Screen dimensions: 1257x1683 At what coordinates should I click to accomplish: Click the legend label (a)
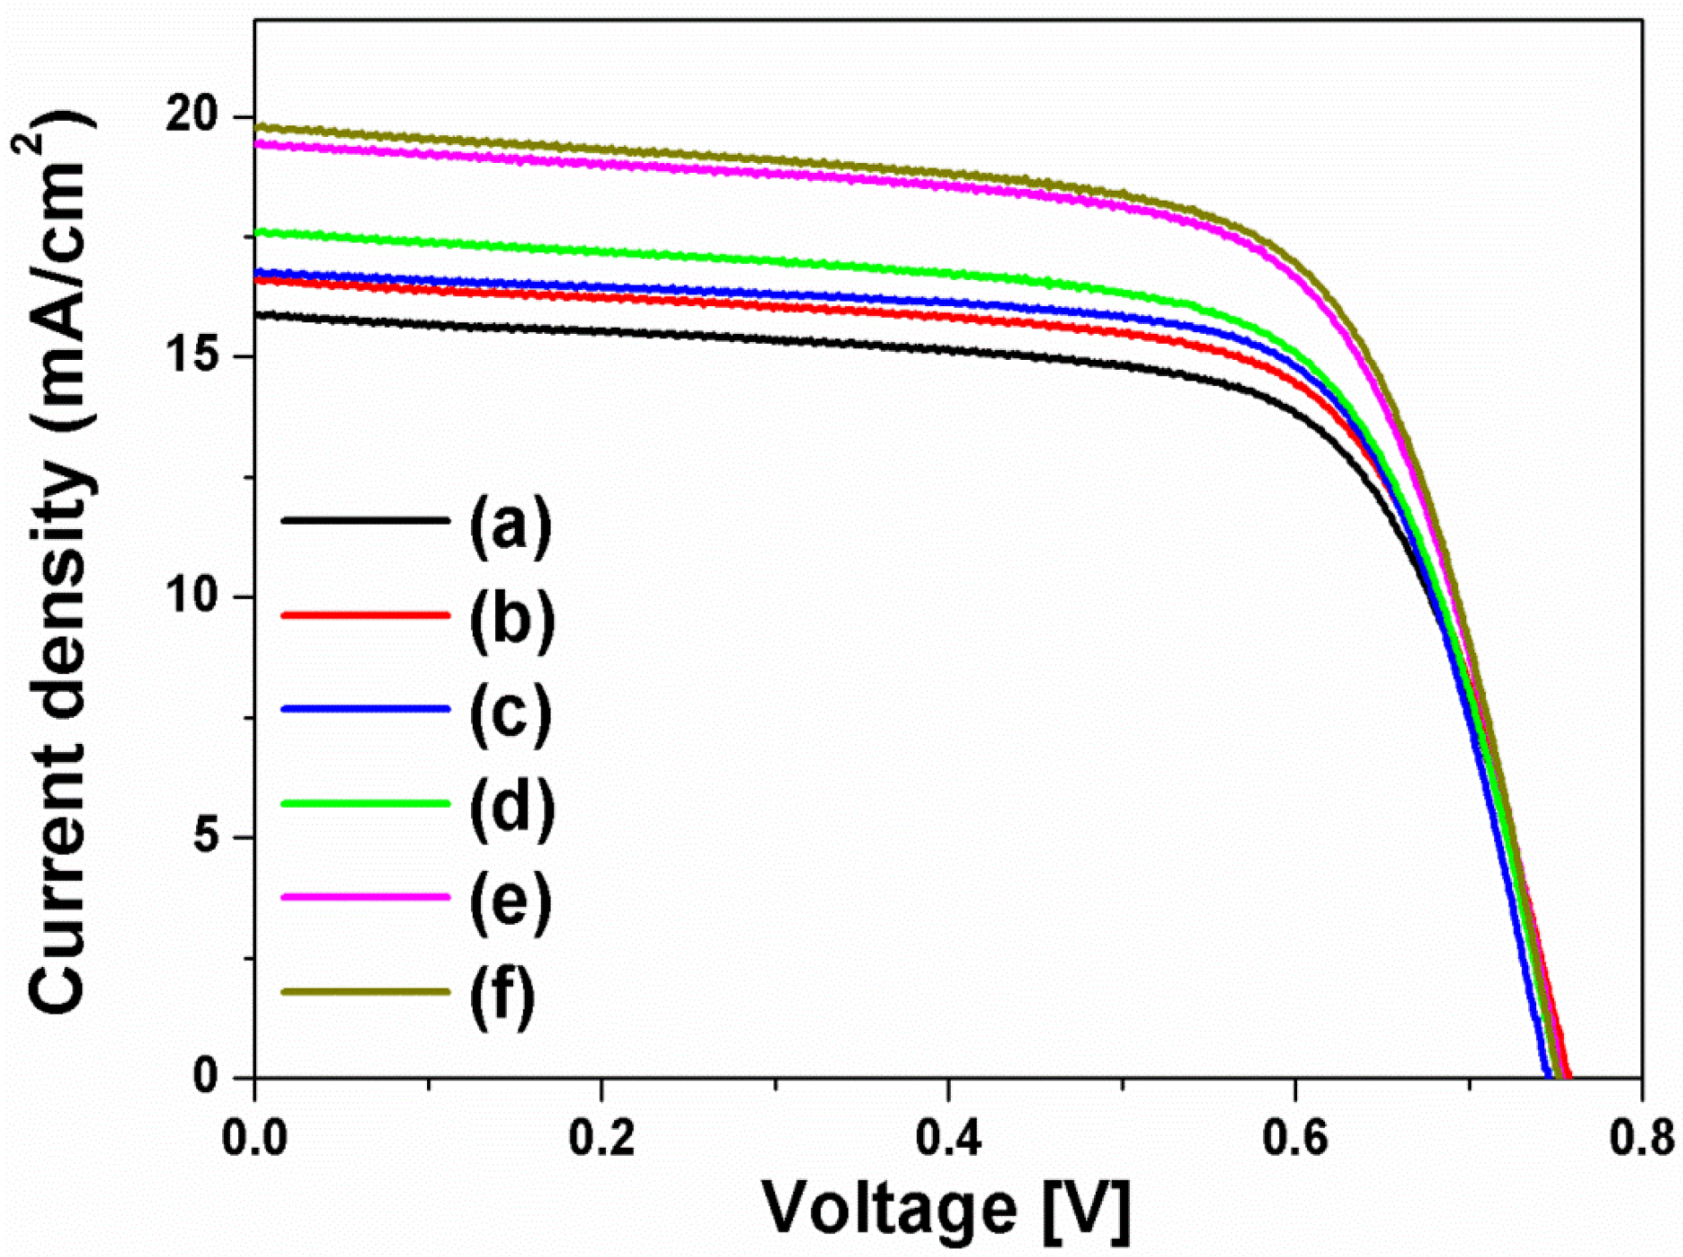510,525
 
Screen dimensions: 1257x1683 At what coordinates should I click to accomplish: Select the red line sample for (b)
364,615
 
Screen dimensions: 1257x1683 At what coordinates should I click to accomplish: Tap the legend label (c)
510,713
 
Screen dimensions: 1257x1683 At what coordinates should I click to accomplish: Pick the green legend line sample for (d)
364,803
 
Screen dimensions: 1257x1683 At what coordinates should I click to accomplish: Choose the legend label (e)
510,901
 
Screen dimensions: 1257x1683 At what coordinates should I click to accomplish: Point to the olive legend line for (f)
364,991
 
